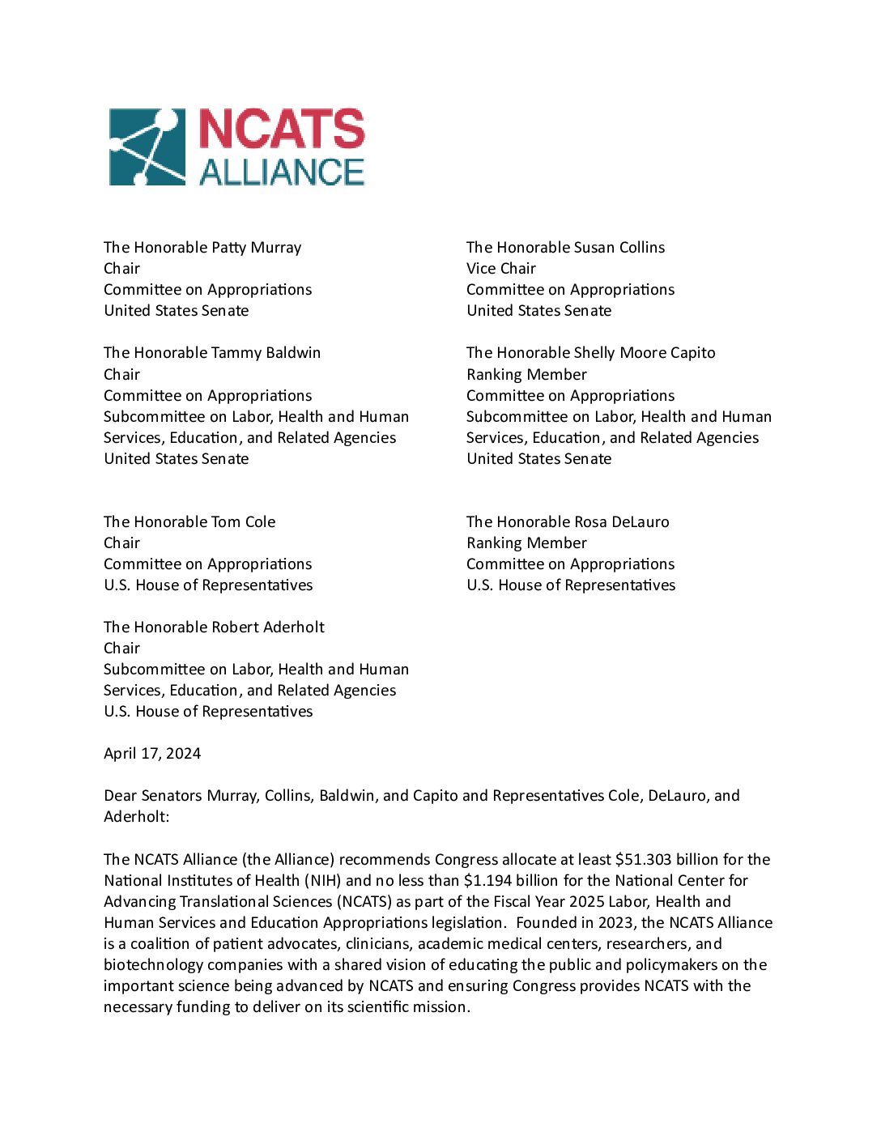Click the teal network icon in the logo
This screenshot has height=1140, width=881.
pyautogui.click(x=147, y=147)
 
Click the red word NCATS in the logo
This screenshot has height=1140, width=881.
pyautogui.click(x=282, y=130)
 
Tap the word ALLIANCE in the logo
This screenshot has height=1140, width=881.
pyautogui.click(x=282, y=172)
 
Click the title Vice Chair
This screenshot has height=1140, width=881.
pyautogui.click(x=501, y=269)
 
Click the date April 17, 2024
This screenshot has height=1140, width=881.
pyautogui.click(x=152, y=754)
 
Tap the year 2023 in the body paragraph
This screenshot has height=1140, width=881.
pyautogui.click(x=615, y=923)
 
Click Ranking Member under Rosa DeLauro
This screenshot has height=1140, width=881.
pyautogui.click(x=526, y=543)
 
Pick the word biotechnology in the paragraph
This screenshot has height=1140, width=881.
pyautogui.click(x=153, y=965)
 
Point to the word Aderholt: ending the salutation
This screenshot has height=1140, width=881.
pyautogui.click(x=136, y=817)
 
